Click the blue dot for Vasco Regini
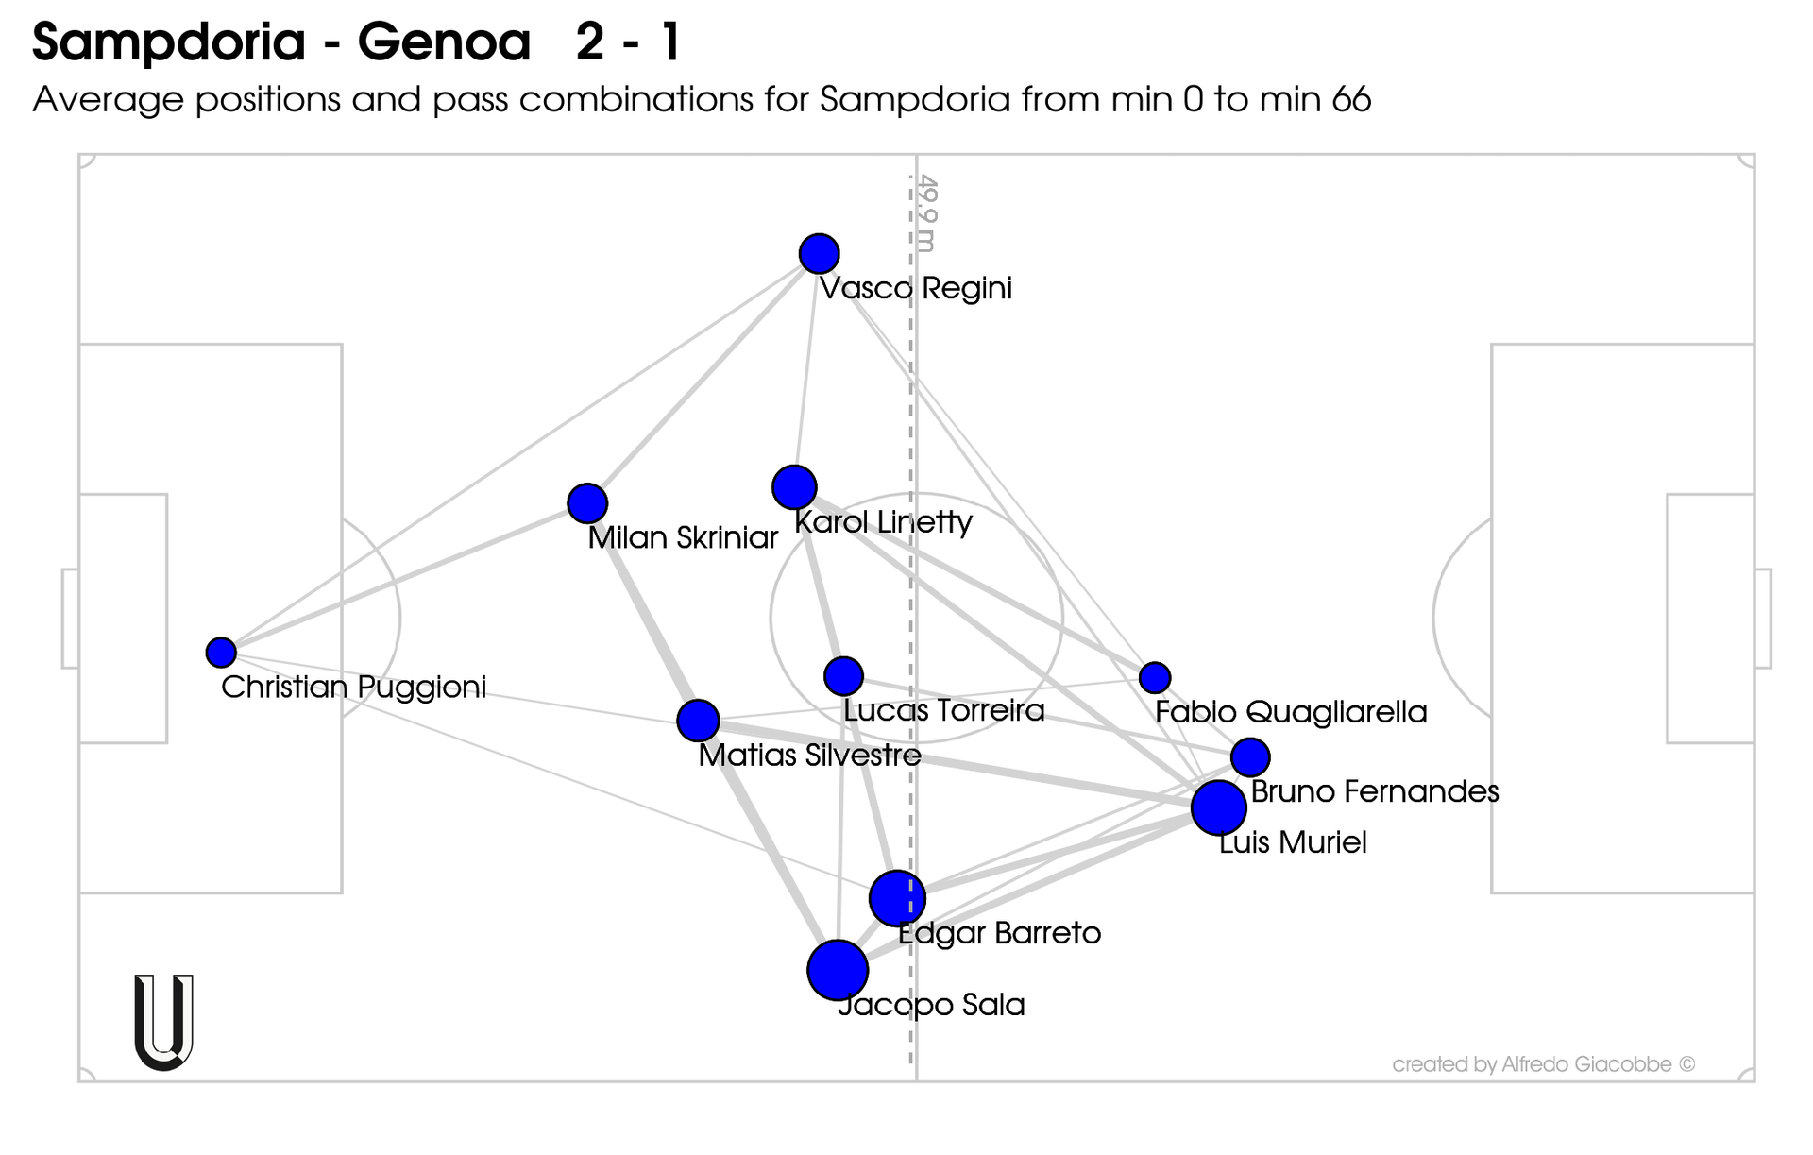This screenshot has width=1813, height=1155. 819,253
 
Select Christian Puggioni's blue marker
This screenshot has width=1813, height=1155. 221,652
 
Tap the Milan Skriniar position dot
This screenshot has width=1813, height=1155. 587,503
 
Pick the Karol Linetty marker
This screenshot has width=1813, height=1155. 794,487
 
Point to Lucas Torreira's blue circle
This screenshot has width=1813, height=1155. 843,675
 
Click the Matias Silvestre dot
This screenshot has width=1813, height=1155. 698,721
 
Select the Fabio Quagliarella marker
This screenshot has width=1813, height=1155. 1155,677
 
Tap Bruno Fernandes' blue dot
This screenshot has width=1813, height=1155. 1250,756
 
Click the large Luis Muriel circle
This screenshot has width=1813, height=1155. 1218,807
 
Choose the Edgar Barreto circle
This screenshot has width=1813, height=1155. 896,898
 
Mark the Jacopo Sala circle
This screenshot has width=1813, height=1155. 838,970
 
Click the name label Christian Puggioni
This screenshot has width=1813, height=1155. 353,687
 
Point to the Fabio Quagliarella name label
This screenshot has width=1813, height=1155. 1290,712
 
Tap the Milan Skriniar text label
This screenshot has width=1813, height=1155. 682,538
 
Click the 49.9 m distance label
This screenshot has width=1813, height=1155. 927,213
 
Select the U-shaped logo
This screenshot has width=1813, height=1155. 164,1022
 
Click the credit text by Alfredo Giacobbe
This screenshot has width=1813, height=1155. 1543,1064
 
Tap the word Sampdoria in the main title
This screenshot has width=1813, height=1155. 170,42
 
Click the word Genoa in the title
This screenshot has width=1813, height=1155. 444,42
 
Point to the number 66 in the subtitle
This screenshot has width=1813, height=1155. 1351,99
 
